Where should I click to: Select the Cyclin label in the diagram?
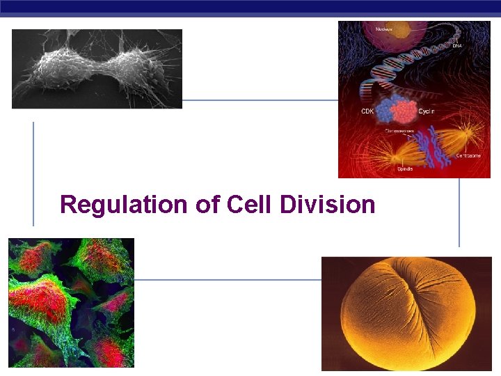[x=427, y=111]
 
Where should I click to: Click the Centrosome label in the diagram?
[x=468, y=155]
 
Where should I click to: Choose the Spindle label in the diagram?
[x=405, y=169]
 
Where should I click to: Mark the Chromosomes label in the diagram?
[x=399, y=130]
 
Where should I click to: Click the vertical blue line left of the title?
[x=33, y=173]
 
